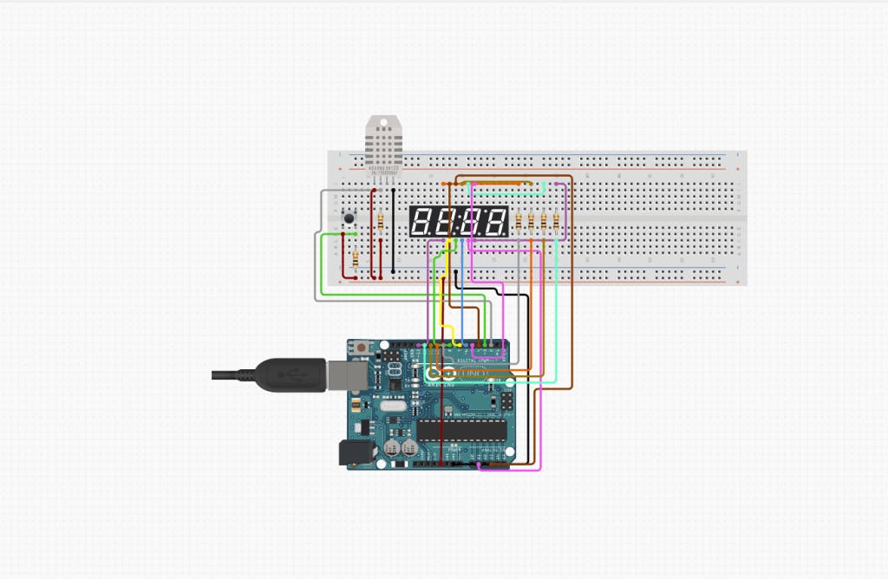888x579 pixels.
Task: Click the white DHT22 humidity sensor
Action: click(382, 142)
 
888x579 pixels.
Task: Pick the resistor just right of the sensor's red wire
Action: click(383, 224)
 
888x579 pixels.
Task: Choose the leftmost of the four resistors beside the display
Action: click(519, 222)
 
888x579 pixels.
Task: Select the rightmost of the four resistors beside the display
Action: click(555, 222)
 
